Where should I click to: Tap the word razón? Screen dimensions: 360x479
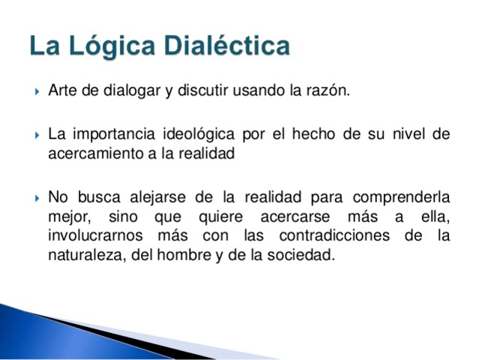[329, 92]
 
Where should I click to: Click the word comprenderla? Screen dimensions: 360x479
[406, 197]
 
